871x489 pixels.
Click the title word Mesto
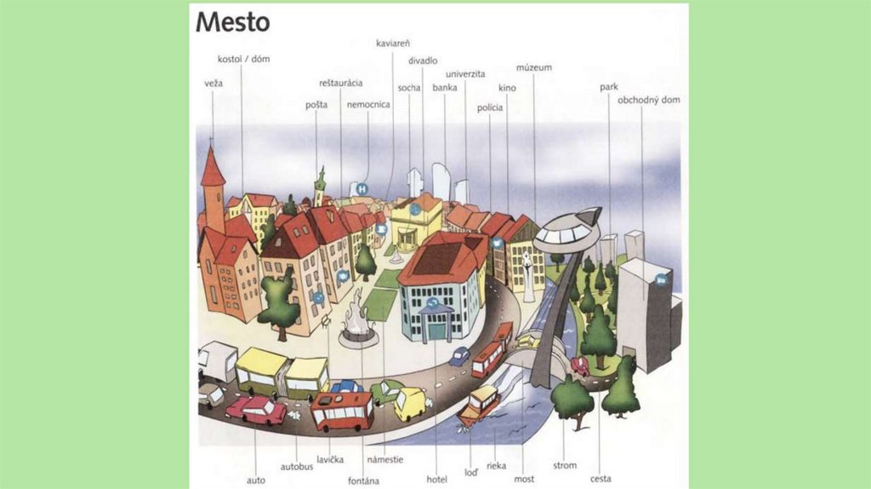232,21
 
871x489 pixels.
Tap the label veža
213,83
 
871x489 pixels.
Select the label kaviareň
393,43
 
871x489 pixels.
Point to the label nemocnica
368,105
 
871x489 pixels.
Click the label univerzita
464,74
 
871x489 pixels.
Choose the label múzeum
534,67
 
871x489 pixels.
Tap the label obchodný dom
648,100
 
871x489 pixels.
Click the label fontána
363,480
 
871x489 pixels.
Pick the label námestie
385,459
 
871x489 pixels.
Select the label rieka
496,466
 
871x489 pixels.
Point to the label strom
565,465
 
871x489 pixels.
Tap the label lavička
330,459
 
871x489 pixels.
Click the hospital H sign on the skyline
362,188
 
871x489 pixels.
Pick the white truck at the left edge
216,361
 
